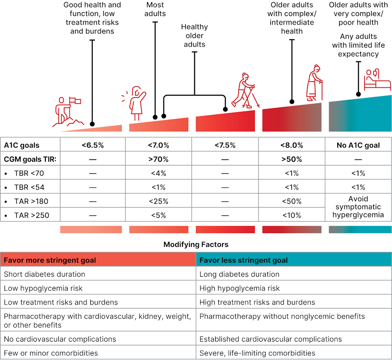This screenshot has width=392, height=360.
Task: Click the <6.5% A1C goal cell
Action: [x=93, y=145]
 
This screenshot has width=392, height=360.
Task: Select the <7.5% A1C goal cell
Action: [x=225, y=145]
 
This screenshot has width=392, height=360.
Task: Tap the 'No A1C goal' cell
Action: [x=358, y=145]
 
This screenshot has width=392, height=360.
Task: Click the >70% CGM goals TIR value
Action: [x=158, y=159]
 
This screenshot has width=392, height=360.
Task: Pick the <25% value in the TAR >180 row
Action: [x=158, y=201]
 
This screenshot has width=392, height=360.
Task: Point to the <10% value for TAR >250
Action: [x=292, y=215]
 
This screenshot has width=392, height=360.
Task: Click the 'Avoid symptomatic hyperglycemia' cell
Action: [x=358, y=208]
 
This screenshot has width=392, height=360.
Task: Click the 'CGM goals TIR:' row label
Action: [x=30, y=159]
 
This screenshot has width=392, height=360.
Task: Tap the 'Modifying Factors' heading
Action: [x=196, y=244]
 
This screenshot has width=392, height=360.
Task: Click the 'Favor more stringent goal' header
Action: [x=50, y=260]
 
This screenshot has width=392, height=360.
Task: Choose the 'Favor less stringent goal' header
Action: [x=243, y=260]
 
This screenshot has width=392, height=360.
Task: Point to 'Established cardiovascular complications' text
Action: [x=271, y=339]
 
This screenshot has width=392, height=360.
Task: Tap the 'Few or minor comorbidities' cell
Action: [x=51, y=353]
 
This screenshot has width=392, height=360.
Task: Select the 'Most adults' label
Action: [x=155, y=9]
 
